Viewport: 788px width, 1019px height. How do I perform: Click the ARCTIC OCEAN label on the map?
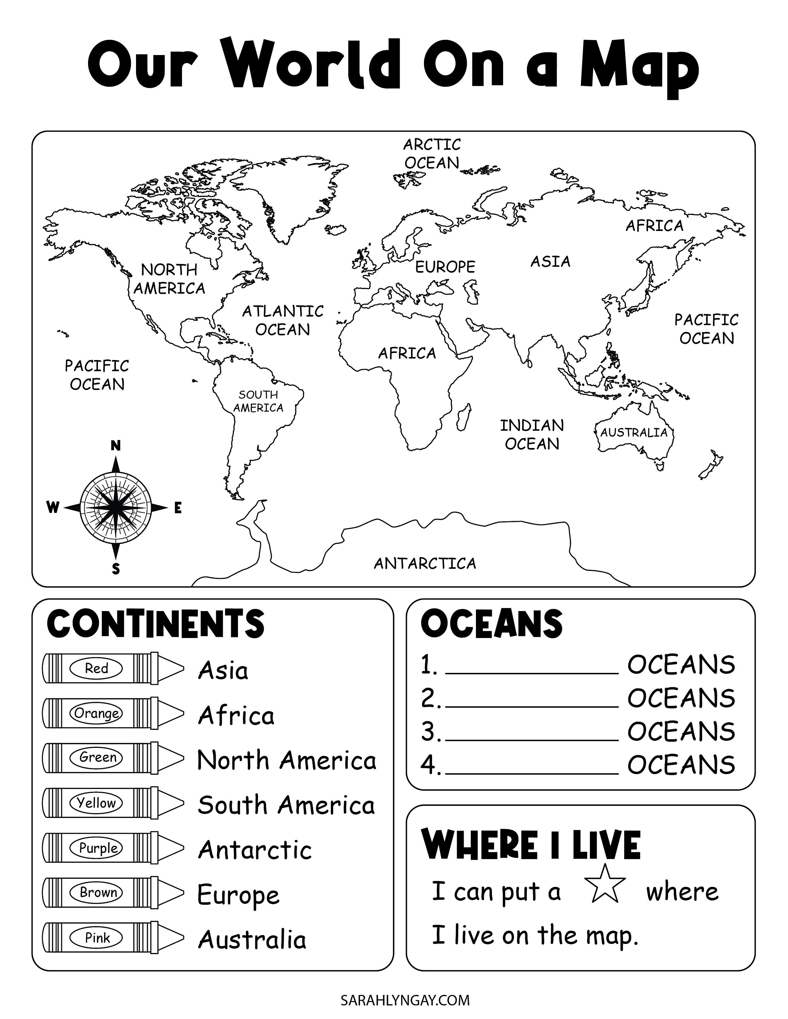click(432, 154)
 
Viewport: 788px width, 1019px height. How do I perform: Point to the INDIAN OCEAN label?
click(532, 434)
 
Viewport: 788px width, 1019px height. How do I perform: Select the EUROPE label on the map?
click(445, 267)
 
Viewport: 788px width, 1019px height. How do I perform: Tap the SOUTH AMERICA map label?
click(258, 401)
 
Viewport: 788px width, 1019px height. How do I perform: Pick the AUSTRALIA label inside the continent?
click(633, 432)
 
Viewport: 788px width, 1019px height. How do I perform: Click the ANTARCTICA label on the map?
click(425, 564)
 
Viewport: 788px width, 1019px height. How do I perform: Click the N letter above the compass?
click(115, 446)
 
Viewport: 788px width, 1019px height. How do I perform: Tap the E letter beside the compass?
click(178, 508)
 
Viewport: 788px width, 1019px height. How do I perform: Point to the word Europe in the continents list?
click(238, 895)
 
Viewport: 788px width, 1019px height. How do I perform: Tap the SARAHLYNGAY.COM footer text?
click(405, 1000)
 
